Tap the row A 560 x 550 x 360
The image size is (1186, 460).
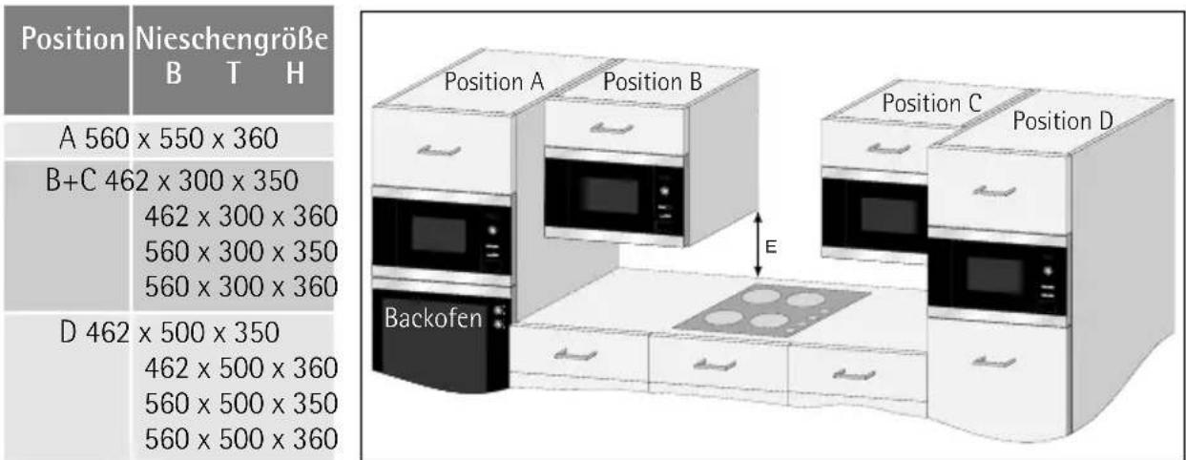(168, 140)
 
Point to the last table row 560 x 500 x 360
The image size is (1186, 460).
(240, 438)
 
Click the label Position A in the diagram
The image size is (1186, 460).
(494, 83)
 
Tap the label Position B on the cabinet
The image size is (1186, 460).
(653, 82)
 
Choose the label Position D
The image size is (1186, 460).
(1064, 121)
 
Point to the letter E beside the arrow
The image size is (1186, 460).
(772, 247)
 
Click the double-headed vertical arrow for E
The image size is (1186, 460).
(758, 245)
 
